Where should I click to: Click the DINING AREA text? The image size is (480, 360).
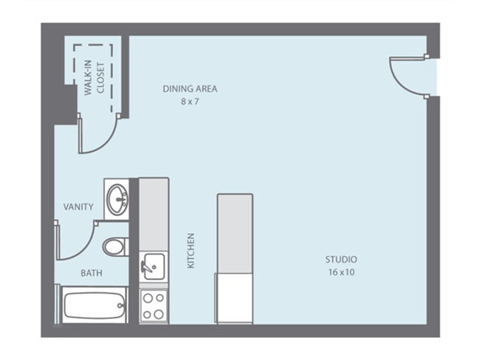[190, 89]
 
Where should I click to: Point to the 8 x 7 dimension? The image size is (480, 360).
[190, 101]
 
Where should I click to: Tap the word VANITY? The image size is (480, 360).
[78, 207]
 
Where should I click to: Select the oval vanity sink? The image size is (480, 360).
[117, 198]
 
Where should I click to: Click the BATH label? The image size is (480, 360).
[92, 273]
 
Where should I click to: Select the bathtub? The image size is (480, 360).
[94, 305]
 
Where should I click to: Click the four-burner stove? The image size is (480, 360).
[154, 305]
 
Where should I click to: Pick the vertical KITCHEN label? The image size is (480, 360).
[191, 251]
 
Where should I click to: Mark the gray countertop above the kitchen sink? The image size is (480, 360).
[154, 213]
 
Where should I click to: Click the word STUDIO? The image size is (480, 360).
[341, 260]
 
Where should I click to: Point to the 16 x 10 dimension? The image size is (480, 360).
[341, 272]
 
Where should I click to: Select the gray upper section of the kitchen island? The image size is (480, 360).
[235, 233]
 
